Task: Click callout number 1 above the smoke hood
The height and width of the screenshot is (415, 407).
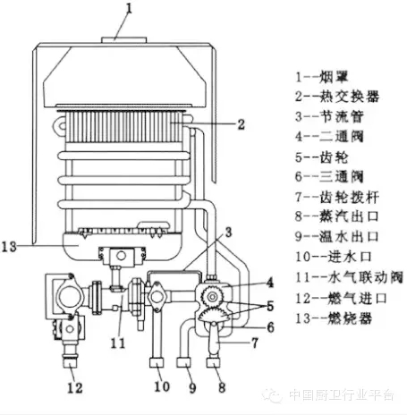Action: (x=129, y=9)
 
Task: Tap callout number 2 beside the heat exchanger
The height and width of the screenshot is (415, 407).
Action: (x=241, y=124)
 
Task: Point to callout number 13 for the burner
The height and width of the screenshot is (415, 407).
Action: (x=9, y=247)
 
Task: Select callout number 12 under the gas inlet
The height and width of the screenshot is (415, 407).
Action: (x=74, y=388)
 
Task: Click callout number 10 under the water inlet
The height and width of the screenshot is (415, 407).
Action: (x=162, y=386)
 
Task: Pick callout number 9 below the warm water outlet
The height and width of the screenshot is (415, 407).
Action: (x=192, y=388)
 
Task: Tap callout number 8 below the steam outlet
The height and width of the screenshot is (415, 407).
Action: (x=222, y=387)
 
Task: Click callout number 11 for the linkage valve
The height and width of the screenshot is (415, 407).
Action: (x=118, y=343)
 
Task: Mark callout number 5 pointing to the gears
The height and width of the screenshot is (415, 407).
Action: (x=270, y=306)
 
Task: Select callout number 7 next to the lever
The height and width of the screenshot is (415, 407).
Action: (x=254, y=343)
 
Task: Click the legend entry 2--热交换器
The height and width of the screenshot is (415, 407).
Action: (x=337, y=97)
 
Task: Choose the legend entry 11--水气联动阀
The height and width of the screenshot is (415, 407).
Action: (x=349, y=277)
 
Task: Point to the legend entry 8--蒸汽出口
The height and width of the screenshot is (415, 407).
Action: (x=337, y=216)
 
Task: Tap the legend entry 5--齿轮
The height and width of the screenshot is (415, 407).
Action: (x=322, y=157)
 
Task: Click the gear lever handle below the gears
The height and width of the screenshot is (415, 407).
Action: (x=214, y=337)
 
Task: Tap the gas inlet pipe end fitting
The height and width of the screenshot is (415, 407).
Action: (x=71, y=362)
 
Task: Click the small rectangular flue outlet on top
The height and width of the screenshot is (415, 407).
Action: (x=123, y=40)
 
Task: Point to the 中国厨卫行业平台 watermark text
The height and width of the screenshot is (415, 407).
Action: (x=342, y=395)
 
